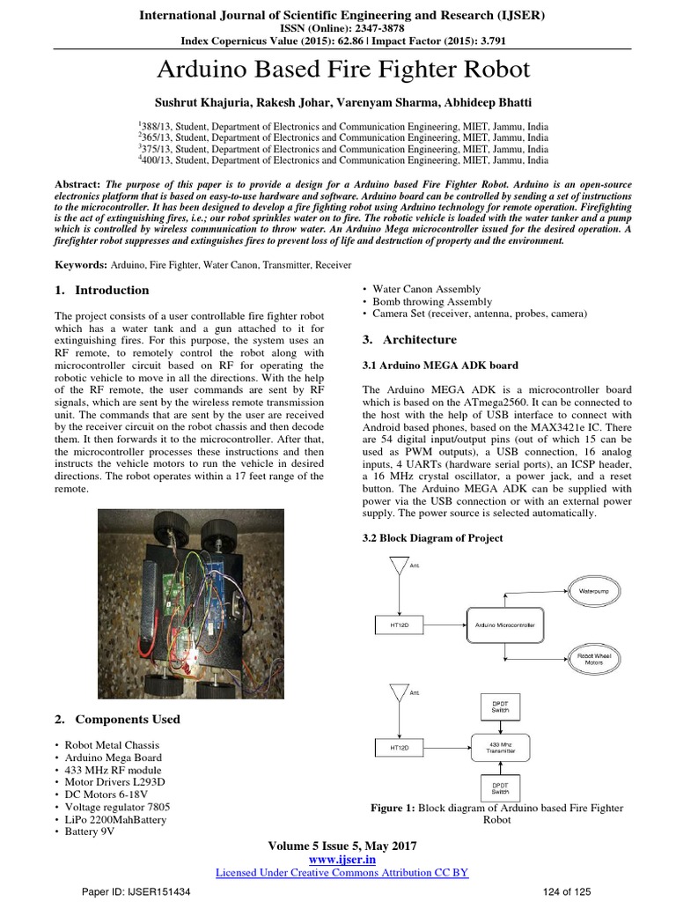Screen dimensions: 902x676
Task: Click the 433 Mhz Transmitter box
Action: click(x=499, y=747)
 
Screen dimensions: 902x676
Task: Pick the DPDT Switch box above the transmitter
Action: click(x=499, y=705)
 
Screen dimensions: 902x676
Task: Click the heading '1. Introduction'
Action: click(x=102, y=290)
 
